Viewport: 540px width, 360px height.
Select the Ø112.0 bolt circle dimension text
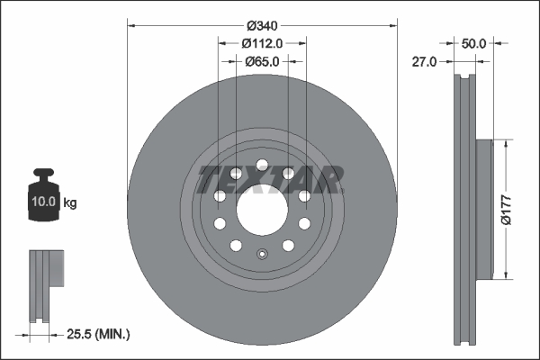[x=263, y=42]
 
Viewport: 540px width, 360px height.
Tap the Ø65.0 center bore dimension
[x=263, y=61]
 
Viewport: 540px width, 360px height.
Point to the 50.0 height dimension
[x=473, y=42]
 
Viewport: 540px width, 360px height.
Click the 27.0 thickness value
[x=424, y=61]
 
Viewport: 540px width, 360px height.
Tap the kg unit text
[x=70, y=202]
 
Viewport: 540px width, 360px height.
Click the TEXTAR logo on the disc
[x=268, y=179]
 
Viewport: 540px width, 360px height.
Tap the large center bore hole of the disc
[x=262, y=210]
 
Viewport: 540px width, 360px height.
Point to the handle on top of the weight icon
[x=44, y=175]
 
